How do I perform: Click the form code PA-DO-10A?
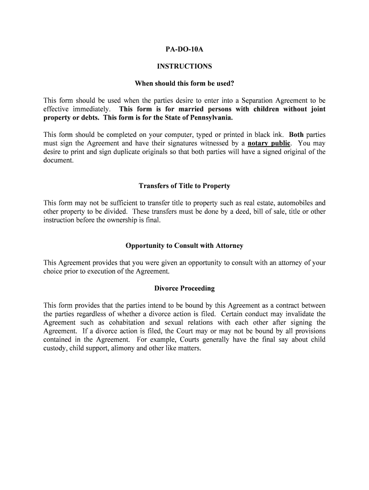click(x=184, y=49)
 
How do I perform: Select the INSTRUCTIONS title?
click(x=184, y=67)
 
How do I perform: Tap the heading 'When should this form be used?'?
click(x=184, y=84)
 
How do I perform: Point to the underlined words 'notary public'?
click(x=269, y=144)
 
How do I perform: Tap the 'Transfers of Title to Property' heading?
click(x=184, y=186)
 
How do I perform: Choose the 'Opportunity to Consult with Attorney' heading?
click(x=184, y=245)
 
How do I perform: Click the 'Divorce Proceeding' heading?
click(x=184, y=289)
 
